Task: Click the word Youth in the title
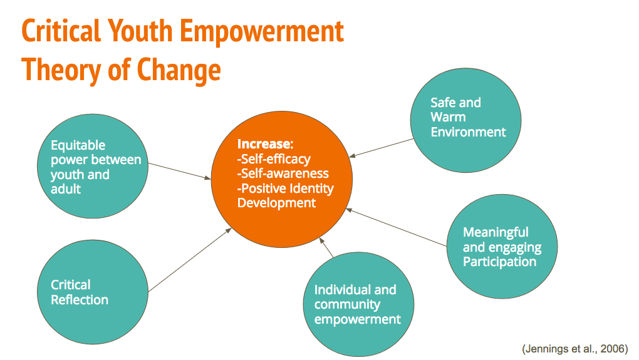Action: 140,31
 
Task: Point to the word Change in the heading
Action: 179,71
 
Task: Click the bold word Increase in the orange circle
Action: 265,144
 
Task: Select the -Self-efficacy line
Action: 274,159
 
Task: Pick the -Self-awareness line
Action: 283,173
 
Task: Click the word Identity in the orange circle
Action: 310,188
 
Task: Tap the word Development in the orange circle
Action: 276,203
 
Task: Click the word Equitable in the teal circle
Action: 78,145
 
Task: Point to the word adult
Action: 66,189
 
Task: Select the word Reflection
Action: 80,300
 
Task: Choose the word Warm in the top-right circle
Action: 448,117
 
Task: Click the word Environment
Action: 468,132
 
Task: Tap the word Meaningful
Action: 496,232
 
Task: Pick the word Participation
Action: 500,262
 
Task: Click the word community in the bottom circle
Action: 347,305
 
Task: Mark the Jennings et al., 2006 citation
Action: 575,349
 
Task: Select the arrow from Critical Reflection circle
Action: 190,260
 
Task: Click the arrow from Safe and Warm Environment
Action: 382,148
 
